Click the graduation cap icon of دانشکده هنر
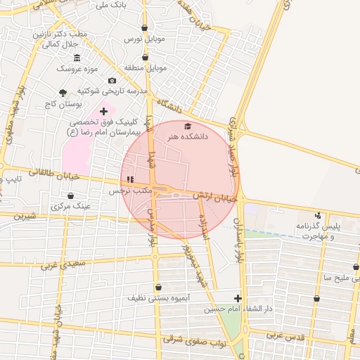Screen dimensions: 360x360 187,126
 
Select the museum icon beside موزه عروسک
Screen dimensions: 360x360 77,57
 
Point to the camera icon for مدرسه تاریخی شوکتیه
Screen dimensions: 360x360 112,81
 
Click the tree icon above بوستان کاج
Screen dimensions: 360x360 63,93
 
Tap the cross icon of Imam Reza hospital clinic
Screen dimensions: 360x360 104,111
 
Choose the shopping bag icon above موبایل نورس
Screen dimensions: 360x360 145,29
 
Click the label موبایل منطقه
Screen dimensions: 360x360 146,68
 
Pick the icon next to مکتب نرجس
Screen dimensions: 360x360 130,180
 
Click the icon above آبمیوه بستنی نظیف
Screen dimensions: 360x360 158,287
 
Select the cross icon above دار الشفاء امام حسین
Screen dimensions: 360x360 238,298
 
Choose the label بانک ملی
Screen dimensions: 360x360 113,4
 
